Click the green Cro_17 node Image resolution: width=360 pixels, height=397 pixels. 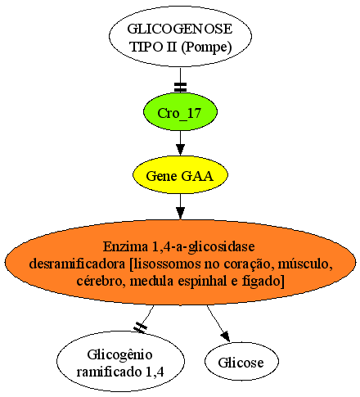coord(180,112)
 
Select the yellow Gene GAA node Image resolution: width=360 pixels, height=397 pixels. coord(180,175)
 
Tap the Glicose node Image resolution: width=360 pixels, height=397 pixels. coord(241,362)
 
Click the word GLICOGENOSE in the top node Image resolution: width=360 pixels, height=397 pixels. coord(180,29)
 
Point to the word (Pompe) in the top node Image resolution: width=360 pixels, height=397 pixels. coord(206,47)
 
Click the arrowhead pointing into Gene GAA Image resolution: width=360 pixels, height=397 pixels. coord(180,150)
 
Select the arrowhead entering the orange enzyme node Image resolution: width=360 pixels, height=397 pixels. coord(180,213)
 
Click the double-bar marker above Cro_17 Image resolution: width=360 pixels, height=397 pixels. coord(180,87)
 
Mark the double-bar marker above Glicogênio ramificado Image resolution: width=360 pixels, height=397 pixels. coord(140,327)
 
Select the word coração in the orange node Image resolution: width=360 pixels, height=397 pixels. coord(252,264)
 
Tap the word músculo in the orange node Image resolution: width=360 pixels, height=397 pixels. coord(305,264)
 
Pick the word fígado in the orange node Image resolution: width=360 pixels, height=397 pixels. coord(263,282)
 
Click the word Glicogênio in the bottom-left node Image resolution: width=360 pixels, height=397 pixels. coord(119,354)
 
